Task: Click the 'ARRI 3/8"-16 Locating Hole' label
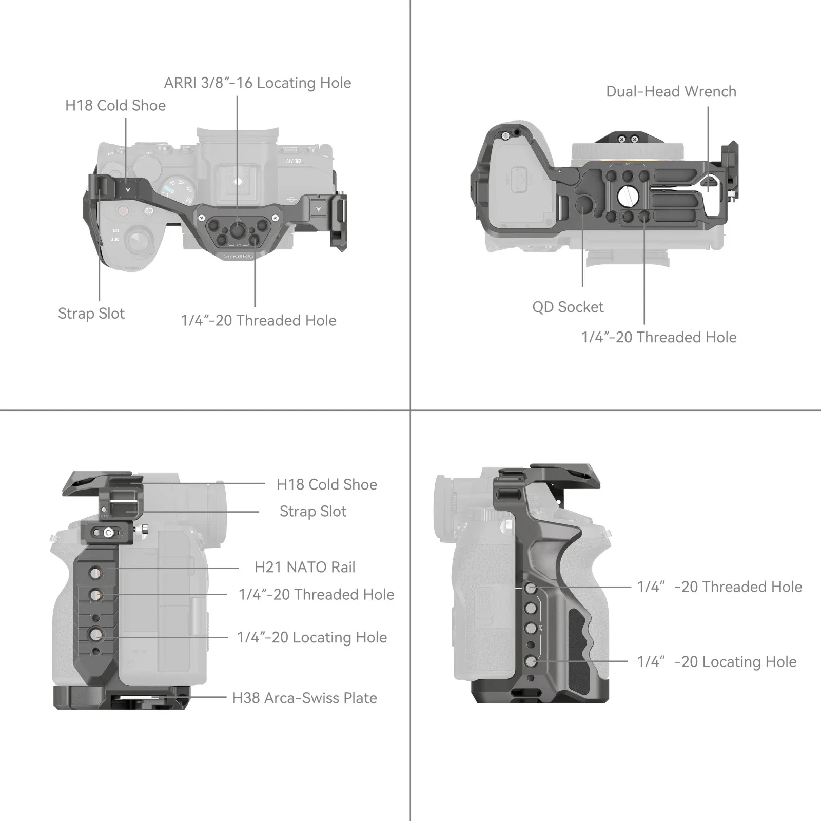point(257,83)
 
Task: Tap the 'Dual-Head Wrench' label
point(671,92)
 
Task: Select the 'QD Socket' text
point(568,307)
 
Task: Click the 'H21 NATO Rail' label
point(305,568)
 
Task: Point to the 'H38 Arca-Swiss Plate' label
point(304,698)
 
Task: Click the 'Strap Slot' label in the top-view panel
point(91,314)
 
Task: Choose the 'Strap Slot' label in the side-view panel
point(312,512)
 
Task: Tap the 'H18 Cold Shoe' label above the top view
point(115,106)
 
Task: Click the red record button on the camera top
point(123,210)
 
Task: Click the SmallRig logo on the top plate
point(238,256)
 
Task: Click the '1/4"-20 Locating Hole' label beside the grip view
point(716,662)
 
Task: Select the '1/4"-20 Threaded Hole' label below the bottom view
point(658,338)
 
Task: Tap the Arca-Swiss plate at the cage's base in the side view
point(122,697)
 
